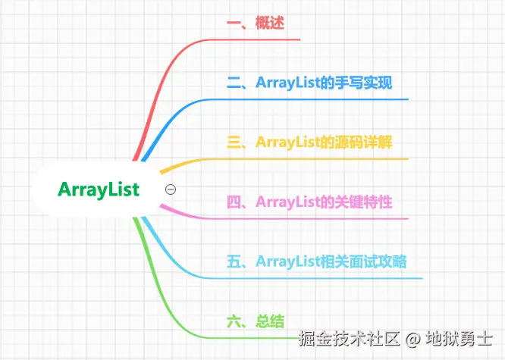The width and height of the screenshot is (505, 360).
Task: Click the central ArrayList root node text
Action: click(x=99, y=189)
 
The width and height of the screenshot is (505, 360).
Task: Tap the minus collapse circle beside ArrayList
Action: click(x=171, y=189)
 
